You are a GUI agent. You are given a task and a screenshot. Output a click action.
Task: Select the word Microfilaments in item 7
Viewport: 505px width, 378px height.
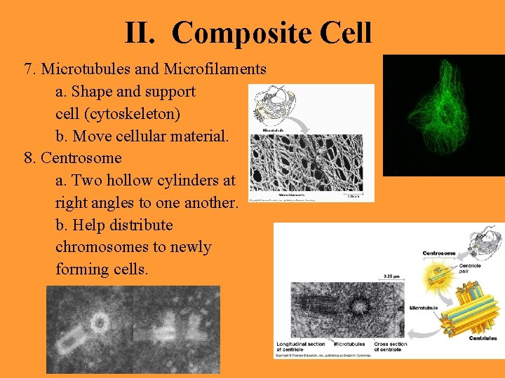(215, 69)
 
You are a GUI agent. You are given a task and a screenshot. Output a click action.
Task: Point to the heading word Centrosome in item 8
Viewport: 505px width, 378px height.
(81, 157)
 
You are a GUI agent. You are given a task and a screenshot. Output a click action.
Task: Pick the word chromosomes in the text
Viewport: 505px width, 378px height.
(133, 247)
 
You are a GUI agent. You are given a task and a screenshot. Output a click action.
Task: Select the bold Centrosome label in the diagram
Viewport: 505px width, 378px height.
(439, 253)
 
